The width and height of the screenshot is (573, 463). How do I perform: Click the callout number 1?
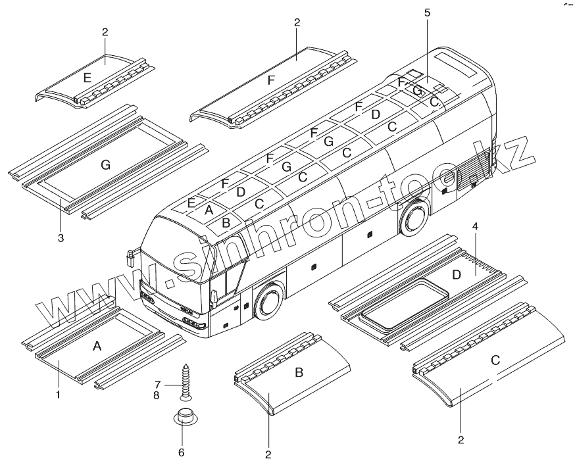[59, 395]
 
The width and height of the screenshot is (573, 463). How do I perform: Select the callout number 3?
[61, 238]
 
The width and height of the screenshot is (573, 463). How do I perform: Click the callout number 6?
[182, 452]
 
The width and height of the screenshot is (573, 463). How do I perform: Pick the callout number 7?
[158, 384]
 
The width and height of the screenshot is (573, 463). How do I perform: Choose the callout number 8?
[158, 395]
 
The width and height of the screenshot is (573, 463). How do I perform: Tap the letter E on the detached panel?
[87, 78]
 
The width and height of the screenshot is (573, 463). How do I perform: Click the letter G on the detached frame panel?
[105, 165]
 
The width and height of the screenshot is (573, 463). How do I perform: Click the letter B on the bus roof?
[226, 222]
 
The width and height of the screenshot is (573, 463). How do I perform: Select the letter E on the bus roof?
[191, 203]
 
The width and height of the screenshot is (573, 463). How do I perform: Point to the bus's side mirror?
[130, 257]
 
